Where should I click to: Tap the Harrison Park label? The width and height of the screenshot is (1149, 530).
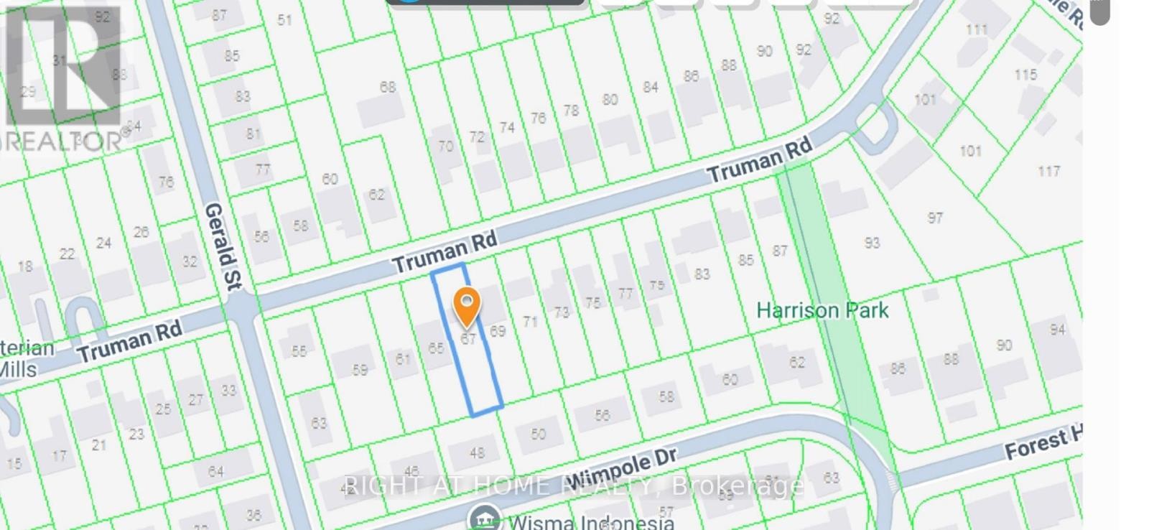[x=822, y=311]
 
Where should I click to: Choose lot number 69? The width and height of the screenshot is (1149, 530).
[x=498, y=331]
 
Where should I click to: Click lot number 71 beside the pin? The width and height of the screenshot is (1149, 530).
[x=530, y=321]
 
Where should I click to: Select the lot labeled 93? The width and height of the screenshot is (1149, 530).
[x=872, y=243]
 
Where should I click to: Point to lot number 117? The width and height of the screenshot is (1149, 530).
[x=1048, y=171]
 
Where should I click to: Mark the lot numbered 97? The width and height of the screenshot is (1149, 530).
[x=934, y=218]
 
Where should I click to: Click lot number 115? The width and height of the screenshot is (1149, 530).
[x=1025, y=75]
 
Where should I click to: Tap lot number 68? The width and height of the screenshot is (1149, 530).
[x=388, y=87]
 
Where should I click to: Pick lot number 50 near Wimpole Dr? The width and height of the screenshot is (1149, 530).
[x=538, y=434]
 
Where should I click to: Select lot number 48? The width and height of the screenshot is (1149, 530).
[x=477, y=452]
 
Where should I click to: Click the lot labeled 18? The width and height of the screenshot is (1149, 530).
[x=25, y=266]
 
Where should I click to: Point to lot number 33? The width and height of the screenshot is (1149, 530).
[x=228, y=390]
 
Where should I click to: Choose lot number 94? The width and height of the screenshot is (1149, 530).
[x=1057, y=330]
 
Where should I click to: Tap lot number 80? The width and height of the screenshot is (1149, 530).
[x=610, y=99]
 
